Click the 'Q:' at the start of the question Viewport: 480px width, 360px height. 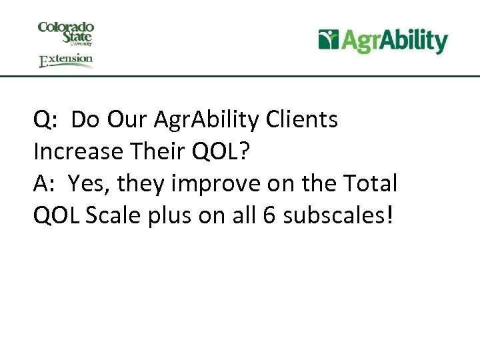point(46,121)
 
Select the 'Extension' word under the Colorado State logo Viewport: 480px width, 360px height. point(66,60)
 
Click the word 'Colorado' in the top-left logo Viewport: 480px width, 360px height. point(65,27)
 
